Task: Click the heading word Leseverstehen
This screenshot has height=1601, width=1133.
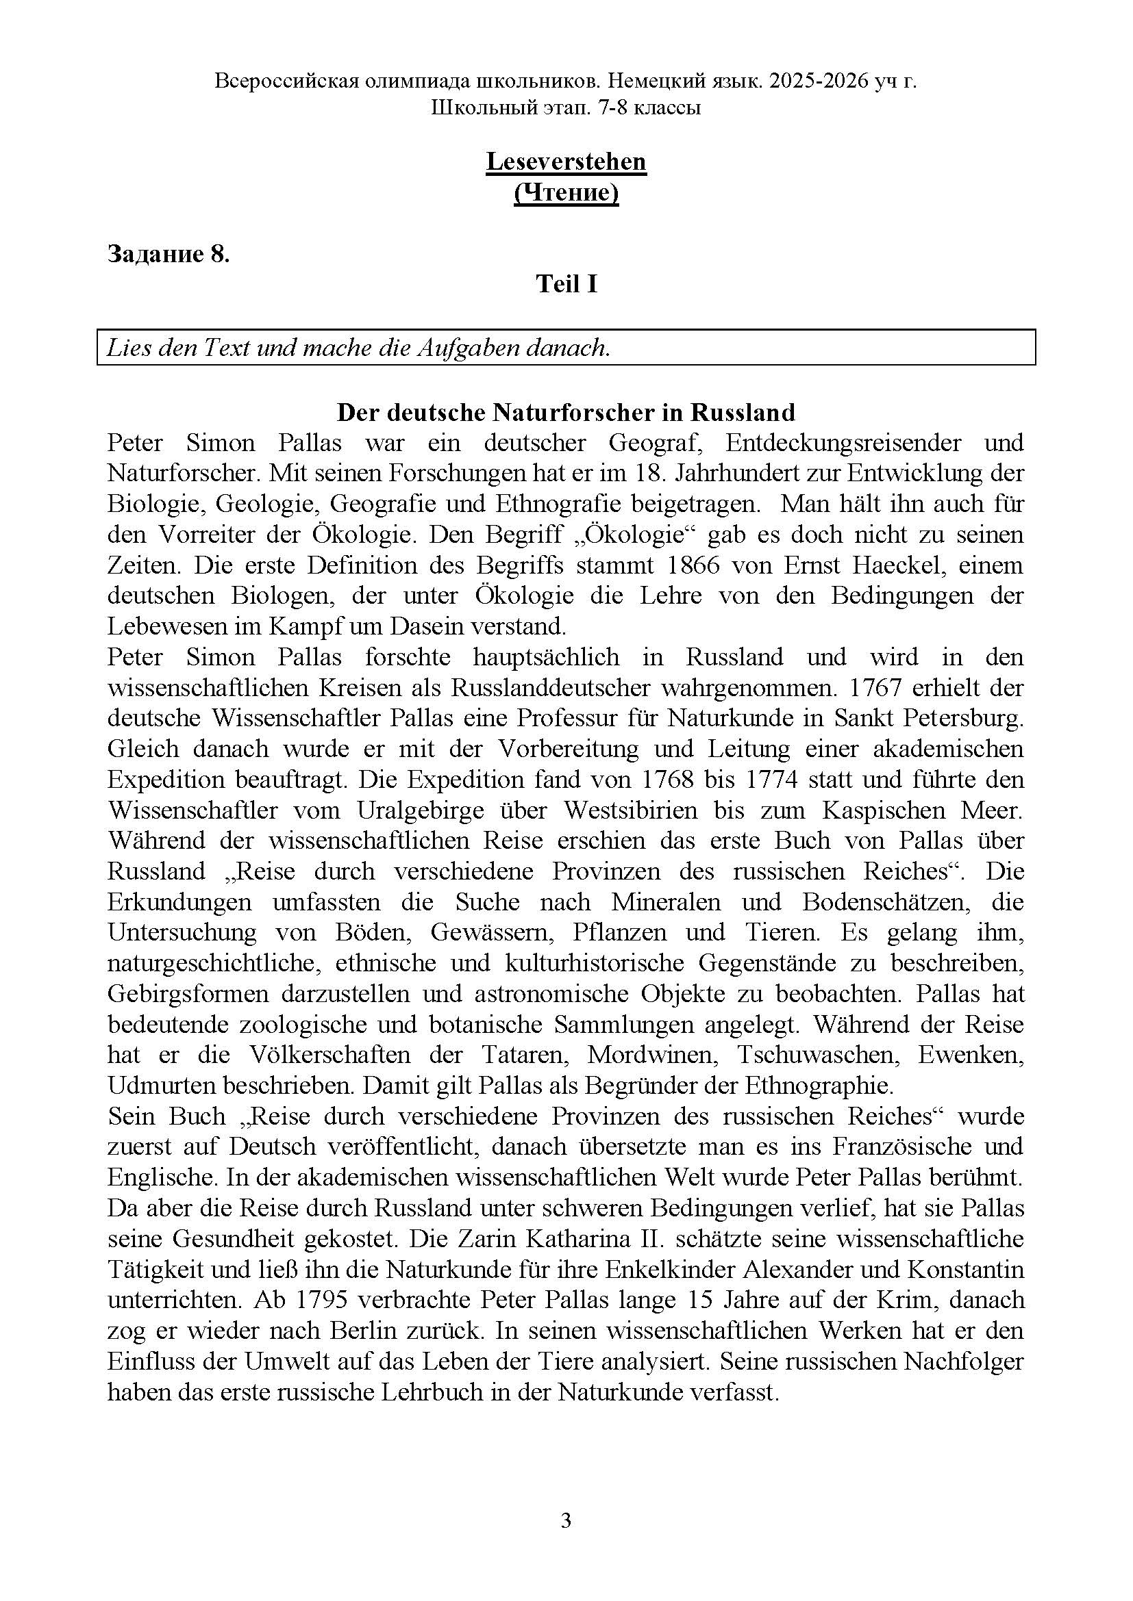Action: coord(566,162)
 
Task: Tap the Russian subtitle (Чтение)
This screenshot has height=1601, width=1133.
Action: coord(566,192)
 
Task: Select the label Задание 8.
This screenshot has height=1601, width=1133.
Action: coord(168,254)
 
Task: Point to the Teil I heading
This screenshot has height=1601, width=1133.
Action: coord(566,284)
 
